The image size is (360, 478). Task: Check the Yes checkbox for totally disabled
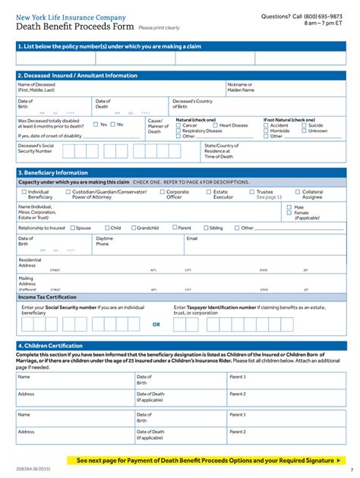point(96,124)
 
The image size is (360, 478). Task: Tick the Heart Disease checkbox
point(216,125)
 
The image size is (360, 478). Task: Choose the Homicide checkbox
point(266,131)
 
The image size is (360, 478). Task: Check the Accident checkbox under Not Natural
point(266,125)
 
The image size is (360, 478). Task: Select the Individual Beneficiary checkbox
point(23,192)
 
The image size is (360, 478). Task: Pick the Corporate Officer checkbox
point(161,192)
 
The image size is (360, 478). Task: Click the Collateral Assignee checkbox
point(297,192)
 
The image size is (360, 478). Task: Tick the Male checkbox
point(289,206)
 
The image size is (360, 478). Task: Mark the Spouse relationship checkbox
point(72,228)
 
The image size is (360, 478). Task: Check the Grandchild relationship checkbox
point(133,228)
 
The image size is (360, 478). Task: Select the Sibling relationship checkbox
point(205,228)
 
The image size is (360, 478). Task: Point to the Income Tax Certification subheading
point(48,297)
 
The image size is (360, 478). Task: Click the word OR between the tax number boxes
point(156,324)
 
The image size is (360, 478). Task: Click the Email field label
point(192,238)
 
